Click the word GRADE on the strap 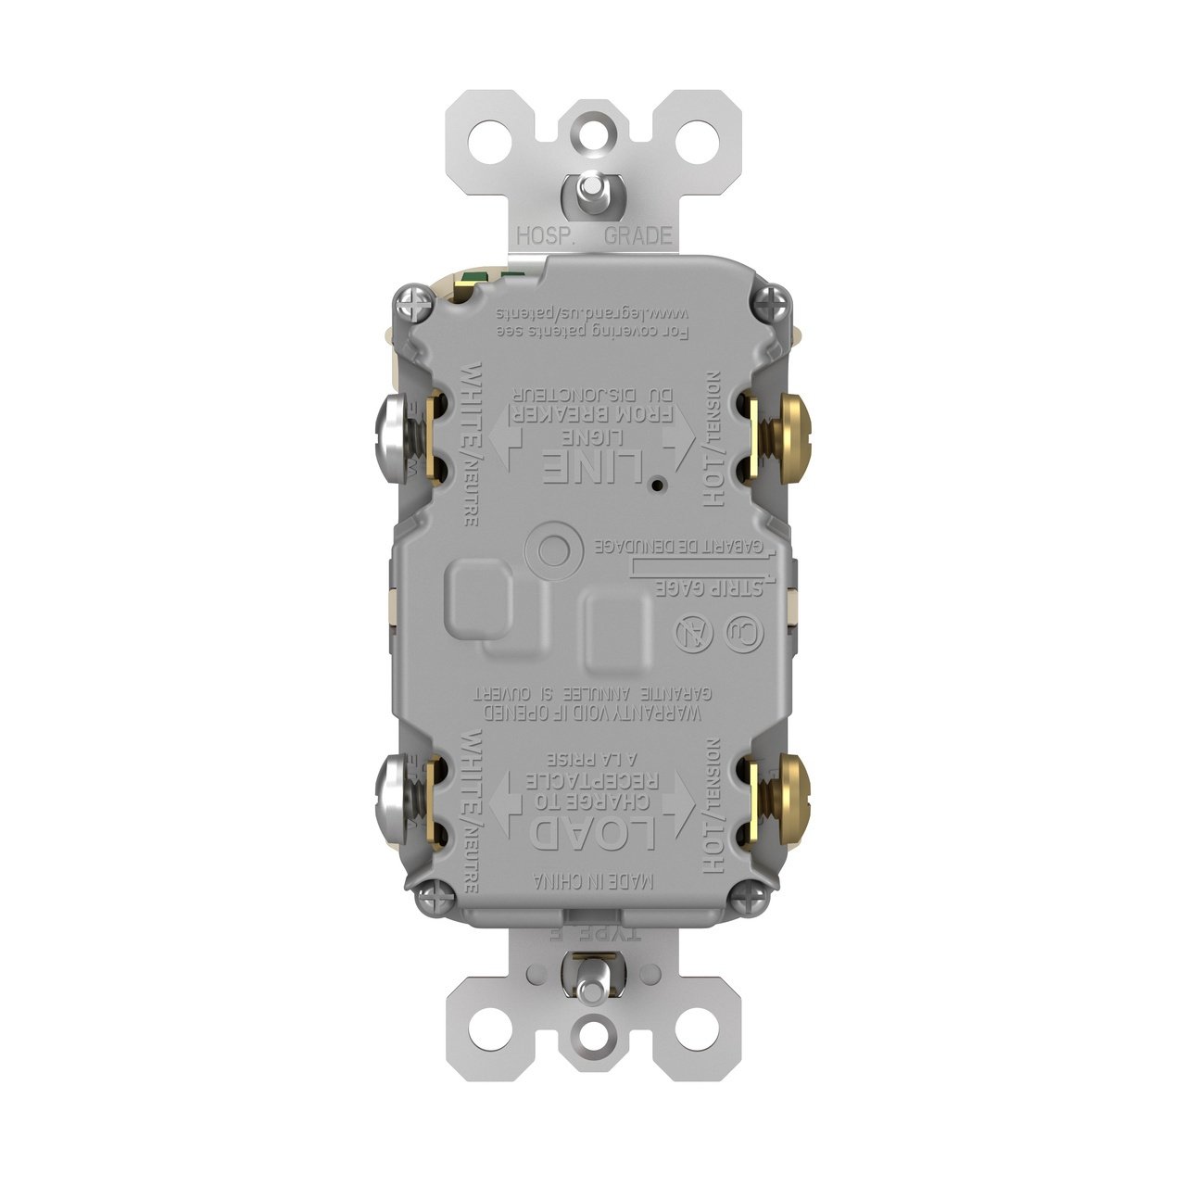point(637,235)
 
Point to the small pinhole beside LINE point(656,485)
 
